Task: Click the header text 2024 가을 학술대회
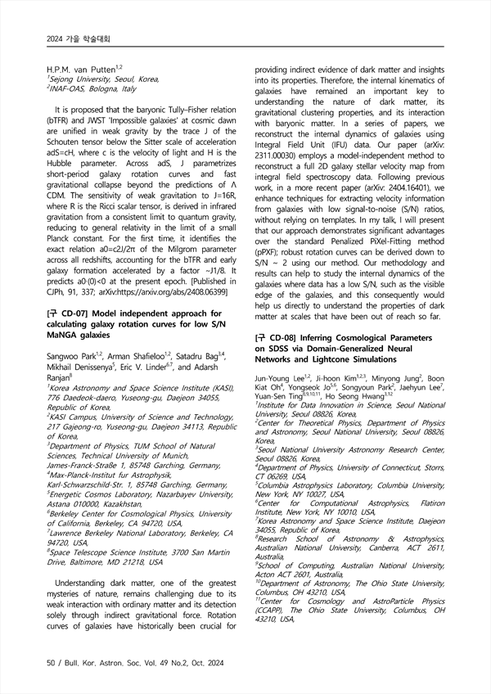pos(74,38)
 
